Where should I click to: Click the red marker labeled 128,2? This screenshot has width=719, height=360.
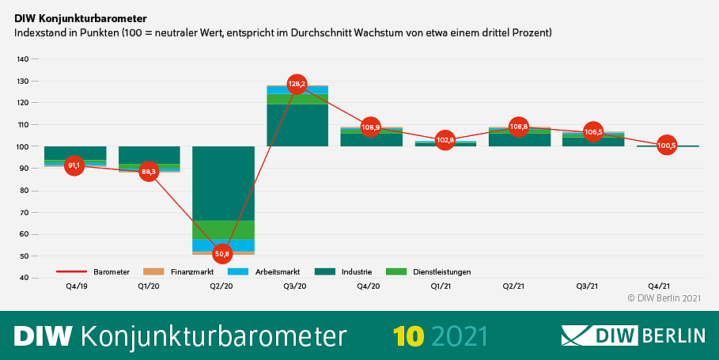pos(297,84)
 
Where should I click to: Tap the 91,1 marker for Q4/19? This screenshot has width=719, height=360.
pos(74,165)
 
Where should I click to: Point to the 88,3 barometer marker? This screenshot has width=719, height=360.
pos(148,172)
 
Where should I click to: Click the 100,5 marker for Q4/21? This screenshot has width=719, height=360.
pos(666,146)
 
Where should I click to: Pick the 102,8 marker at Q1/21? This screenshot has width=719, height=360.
pos(445,140)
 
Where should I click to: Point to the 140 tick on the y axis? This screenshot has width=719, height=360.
pos(22,59)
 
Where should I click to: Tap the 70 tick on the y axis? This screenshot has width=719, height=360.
pos(24,213)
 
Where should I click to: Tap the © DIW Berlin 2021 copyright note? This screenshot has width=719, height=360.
pos(664,298)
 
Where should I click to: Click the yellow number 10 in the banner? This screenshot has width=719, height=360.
pos(411,335)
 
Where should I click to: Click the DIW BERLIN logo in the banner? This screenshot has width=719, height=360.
pos(633,335)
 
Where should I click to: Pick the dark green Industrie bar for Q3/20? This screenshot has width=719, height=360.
pos(297,125)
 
